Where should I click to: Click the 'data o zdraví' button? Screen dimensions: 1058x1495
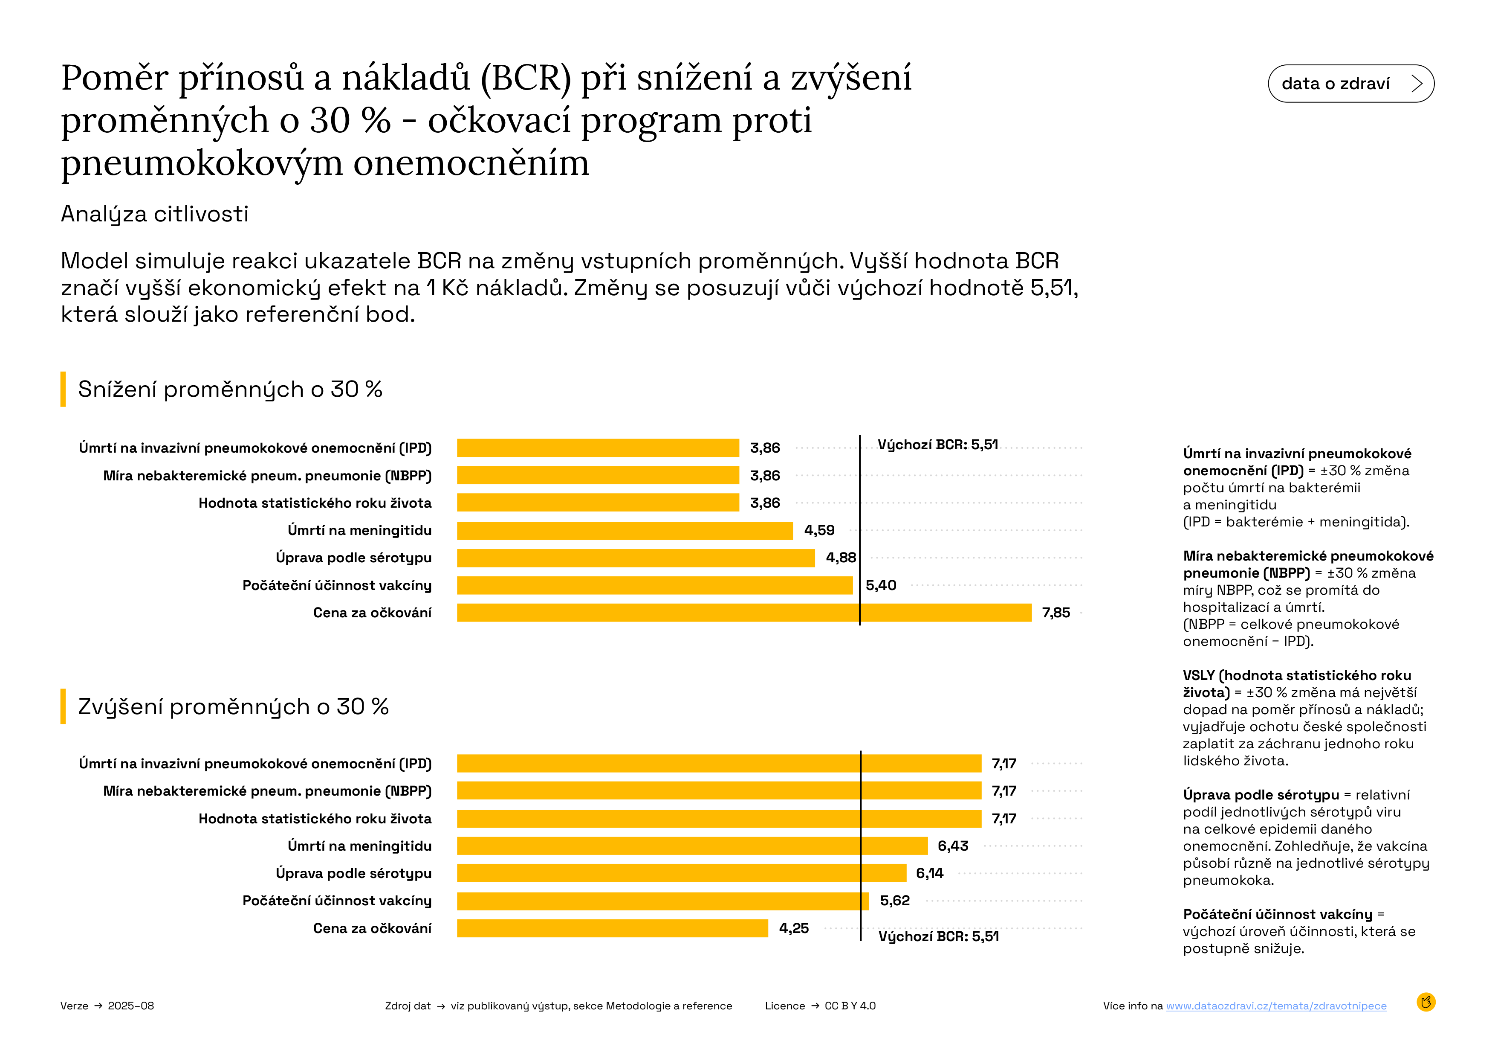click(x=1350, y=83)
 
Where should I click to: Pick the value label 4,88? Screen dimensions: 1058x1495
click(x=841, y=558)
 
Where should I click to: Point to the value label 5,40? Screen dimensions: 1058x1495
click(x=880, y=585)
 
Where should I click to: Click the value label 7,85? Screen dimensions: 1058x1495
click(x=1055, y=612)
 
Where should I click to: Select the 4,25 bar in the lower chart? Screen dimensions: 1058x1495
click(x=612, y=928)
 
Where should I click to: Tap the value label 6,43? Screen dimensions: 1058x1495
click(x=953, y=846)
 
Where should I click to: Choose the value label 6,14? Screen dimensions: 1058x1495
click(x=929, y=873)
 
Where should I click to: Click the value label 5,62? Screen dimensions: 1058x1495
click(x=895, y=900)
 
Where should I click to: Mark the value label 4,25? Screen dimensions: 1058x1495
click(x=794, y=928)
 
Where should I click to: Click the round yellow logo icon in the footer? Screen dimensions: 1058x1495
click(x=1426, y=1002)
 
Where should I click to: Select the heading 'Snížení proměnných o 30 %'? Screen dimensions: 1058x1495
click(x=230, y=389)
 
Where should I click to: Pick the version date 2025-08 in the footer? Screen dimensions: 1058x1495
click(x=131, y=1006)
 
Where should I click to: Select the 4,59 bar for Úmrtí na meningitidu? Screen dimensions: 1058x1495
click(x=625, y=530)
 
